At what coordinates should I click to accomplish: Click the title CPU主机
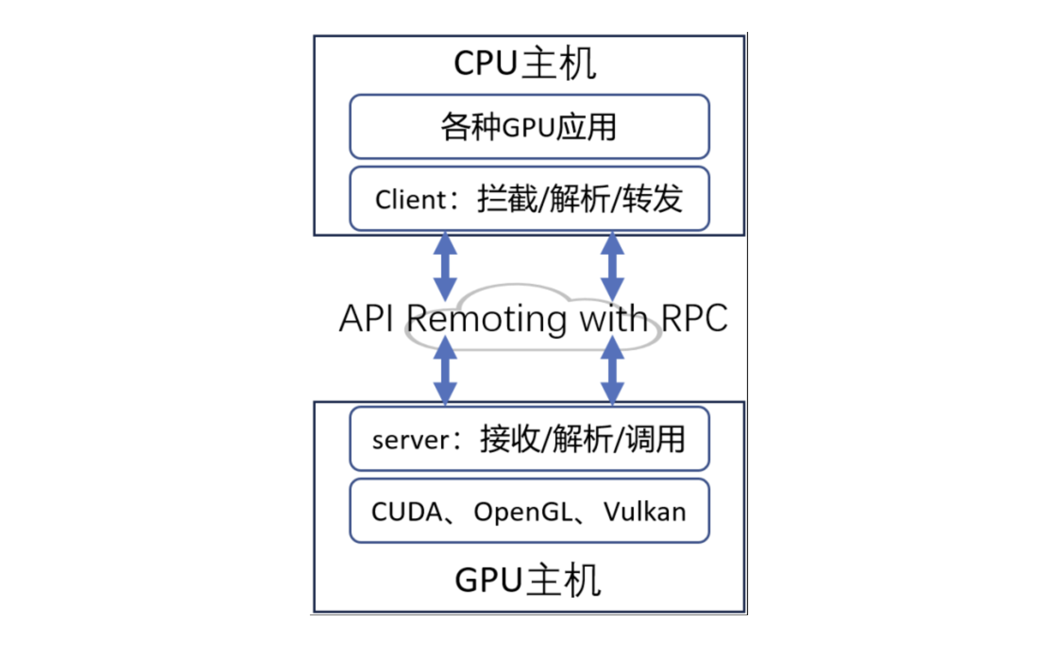pos(525,64)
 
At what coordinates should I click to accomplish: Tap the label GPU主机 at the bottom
pos(528,580)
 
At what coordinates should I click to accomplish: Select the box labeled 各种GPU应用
pos(529,127)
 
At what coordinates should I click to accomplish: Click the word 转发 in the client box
pos(653,199)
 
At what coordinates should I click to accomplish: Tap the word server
pos(411,440)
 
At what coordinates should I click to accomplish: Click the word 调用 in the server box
pos(656,439)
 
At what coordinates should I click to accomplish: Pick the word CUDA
pos(407,512)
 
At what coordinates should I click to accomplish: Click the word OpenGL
pos(523,512)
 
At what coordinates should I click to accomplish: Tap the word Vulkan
pos(644,512)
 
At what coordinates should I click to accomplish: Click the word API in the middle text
pos(366,318)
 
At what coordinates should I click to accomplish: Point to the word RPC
pos(694,318)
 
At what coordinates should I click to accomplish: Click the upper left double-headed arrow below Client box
pos(445,266)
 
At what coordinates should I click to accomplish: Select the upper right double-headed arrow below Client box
pos(612,266)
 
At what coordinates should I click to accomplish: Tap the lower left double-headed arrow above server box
pos(445,370)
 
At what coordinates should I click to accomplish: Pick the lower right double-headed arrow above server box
pos(612,370)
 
